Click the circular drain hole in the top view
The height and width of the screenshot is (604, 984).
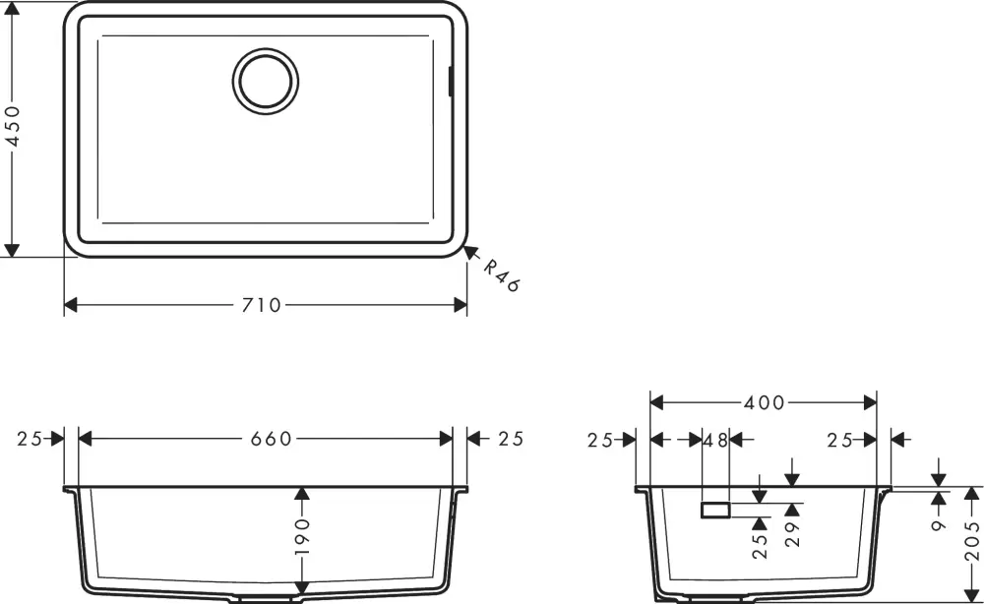click(266, 79)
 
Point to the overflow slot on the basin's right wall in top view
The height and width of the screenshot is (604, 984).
click(451, 82)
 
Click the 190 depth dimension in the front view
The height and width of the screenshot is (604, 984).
click(302, 538)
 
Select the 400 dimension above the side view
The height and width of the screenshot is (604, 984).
click(765, 402)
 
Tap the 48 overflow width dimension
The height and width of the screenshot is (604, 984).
click(715, 440)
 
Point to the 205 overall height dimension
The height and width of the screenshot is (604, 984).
click(973, 540)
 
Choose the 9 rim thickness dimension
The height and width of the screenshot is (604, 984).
click(940, 526)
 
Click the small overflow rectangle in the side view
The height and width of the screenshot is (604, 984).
click(714, 509)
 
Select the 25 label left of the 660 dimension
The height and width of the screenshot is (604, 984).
click(30, 439)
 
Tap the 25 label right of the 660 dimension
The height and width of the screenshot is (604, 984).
click(510, 439)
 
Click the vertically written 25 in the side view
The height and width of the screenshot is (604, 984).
click(759, 547)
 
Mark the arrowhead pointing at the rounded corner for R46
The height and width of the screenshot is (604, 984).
click(470, 253)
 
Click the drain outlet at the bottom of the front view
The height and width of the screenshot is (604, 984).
click(266, 598)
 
